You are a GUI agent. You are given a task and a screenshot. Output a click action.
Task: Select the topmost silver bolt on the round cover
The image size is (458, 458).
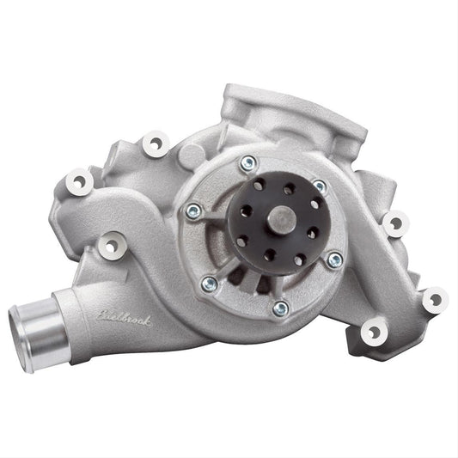247,162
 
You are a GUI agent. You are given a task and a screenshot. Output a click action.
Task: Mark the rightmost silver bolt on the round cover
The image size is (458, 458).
335,259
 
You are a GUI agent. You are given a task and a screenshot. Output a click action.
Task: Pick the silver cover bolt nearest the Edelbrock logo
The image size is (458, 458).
208,283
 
